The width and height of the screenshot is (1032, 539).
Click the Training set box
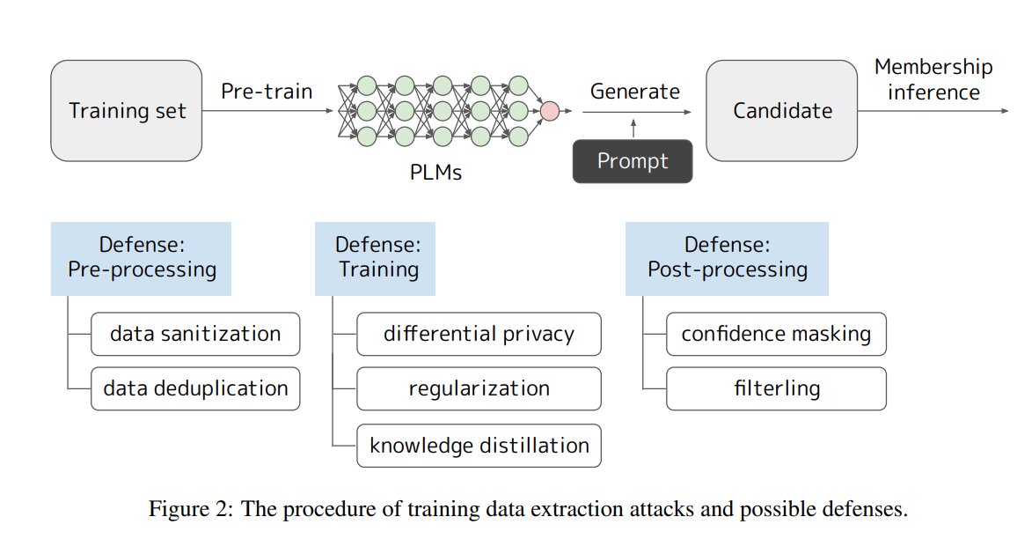click(x=127, y=111)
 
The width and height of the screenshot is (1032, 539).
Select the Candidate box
click(x=782, y=111)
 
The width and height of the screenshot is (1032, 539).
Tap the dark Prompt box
click(x=633, y=161)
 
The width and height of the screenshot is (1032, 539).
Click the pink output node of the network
click(x=550, y=111)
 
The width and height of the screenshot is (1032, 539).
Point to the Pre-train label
click(x=267, y=91)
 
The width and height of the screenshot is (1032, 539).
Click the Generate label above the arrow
click(x=635, y=91)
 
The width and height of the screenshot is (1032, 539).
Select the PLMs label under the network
click(x=435, y=172)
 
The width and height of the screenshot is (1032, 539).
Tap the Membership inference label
click(x=933, y=79)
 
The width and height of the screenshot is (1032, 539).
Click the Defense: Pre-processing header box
click(x=142, y=258)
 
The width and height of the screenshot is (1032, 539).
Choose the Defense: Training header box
click(x=375, y=258)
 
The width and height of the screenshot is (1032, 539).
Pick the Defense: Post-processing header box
click(x=727, y=258)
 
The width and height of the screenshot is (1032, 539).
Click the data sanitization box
click(x=195, y=334)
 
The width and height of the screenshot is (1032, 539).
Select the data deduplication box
click(x=195, y=388)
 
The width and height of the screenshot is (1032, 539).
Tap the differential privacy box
click(x=479, y=334)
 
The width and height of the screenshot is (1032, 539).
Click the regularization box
click(x=479, y=388)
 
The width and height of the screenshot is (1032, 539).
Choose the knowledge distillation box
click(x=479, y=446)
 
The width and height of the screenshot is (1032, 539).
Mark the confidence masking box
click(x=777, y=334)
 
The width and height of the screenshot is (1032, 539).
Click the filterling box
click(x=777, y=388)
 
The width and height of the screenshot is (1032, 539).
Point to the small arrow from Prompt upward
click(x=633, y=129)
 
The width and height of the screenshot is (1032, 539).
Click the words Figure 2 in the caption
click(x=189, y=509)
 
